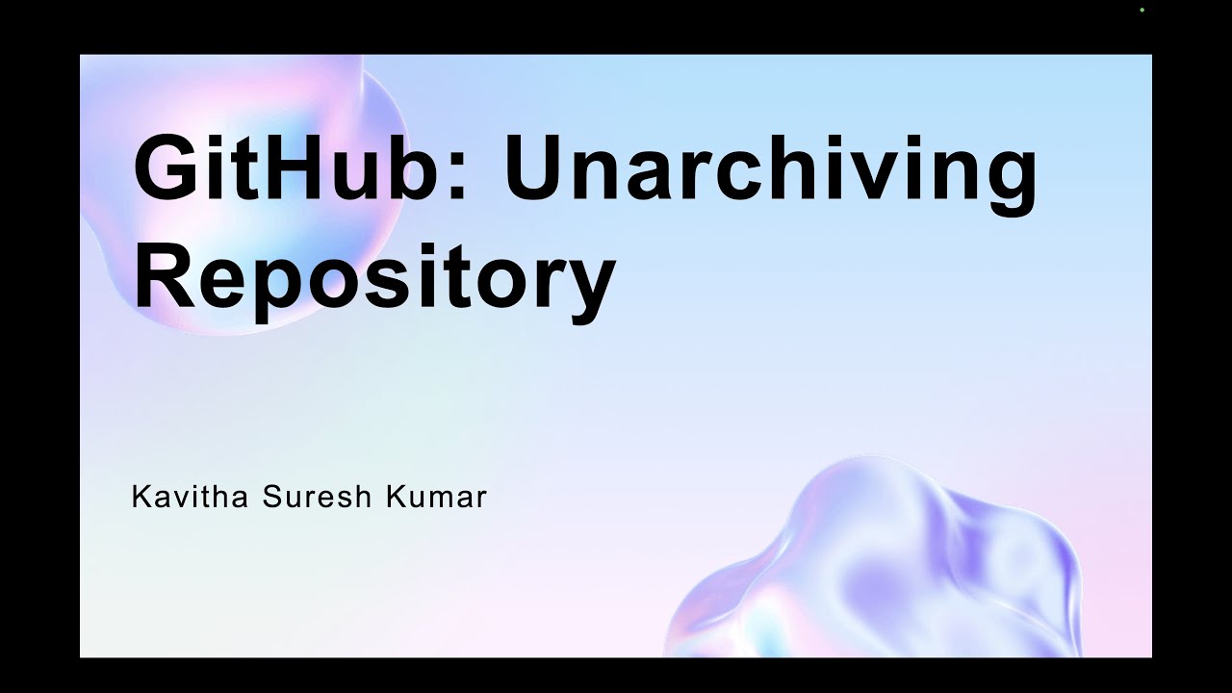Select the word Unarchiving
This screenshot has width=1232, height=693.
(770, 169)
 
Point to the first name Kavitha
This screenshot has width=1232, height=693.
(189, 498)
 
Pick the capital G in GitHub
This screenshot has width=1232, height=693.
(166, 169)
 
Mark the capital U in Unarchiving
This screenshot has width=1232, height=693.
(538, 169)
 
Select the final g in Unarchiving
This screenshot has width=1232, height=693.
(1007, 183)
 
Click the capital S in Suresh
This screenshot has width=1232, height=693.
(273, 498)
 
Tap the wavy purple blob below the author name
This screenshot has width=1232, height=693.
(895, 568)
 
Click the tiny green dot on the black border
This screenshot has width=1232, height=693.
(1142, 10)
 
